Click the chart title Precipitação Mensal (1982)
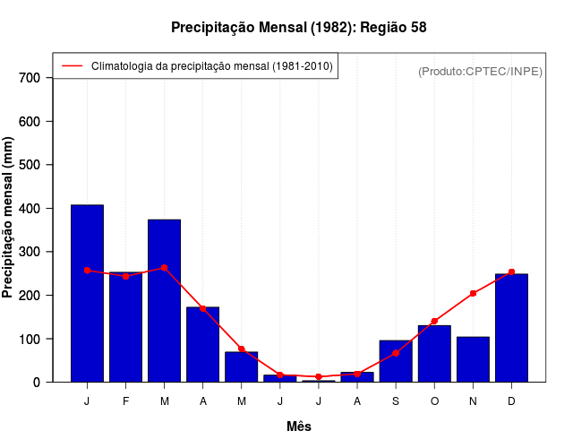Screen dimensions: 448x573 click(x=298, y=28)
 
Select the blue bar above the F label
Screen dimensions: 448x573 click(x=125, y=327)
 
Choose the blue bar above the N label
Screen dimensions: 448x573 click(x=473, y=359)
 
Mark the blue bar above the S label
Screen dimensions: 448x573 click(x=396, y=361)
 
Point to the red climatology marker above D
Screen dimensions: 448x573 click(x=511, y=271)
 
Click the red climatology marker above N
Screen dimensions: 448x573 click(x=473, y=293)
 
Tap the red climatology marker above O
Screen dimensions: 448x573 click(x=434, y=321)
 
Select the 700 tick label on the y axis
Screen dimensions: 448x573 click(x=30, y=78)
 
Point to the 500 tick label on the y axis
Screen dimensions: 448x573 click(x=30, y=165)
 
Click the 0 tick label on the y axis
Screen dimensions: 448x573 click(x=36, y=383)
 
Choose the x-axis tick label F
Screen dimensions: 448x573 click(x=125, y=401)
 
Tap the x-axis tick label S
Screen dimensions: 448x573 click(x=396, y=401)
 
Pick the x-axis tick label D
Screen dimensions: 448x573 click(x=511, y=401)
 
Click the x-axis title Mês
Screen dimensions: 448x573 click(x=299, y=426)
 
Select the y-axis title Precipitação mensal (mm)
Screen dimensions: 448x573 click(x=9, y=217)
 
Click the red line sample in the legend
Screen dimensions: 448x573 click(x=72, y=66)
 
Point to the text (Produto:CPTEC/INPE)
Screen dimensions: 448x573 click(x=480, y=71)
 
